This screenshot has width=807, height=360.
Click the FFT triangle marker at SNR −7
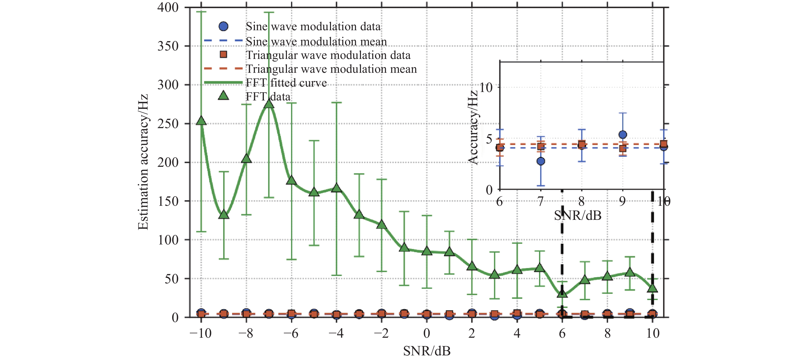(x=269, y=104)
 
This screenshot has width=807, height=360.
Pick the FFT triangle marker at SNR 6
(x=562, y=293)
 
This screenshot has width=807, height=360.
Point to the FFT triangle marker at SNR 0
(x=427, y=251)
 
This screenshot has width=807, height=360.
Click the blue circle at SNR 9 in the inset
(x=623, y=135)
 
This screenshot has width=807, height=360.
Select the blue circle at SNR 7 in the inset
(x=541, y=161)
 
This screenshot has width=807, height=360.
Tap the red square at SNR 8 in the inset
(x=582, y=145)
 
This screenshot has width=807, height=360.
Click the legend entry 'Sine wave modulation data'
(x=313, y=27)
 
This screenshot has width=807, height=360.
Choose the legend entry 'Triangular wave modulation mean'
(x=332, y=69)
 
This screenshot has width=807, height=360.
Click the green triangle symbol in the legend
(x=223, y=96)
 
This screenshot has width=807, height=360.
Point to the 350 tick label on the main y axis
(x=168, y=46)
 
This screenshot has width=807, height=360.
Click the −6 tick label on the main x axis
(x=291, y=333)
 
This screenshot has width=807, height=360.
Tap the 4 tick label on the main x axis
(x=517, y=333)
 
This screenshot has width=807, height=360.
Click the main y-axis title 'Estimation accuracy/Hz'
(x=143, y=162)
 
